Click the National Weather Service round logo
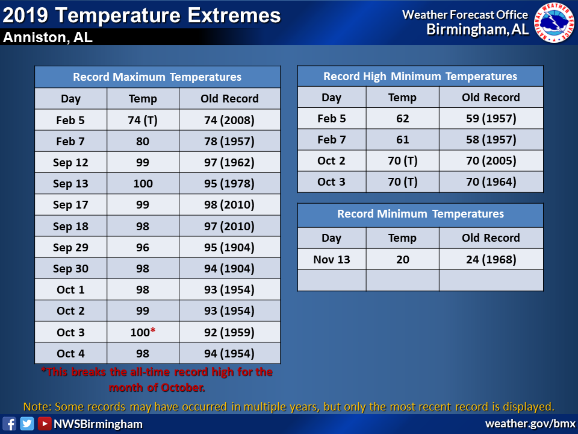pos(555,23)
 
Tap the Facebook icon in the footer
pos(9,423)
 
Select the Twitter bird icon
pos(27,423)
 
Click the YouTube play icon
pos(44,423)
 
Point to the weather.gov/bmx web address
pos(530,423)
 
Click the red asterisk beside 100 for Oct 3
pos(152,330)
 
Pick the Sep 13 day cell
pos(71,183)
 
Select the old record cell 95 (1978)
pos(229,183)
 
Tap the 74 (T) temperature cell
pos(143,120)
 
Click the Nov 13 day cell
pos(332,259)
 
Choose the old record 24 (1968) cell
pos(491,259)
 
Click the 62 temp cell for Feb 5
pos(403,119)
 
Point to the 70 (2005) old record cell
pos(491,160)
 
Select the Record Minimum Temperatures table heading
pos(420,214)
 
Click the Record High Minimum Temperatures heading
pos(420,77)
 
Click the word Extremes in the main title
pos(234,16)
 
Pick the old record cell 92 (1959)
pos(229,332)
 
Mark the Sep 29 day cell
pos(71,247)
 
